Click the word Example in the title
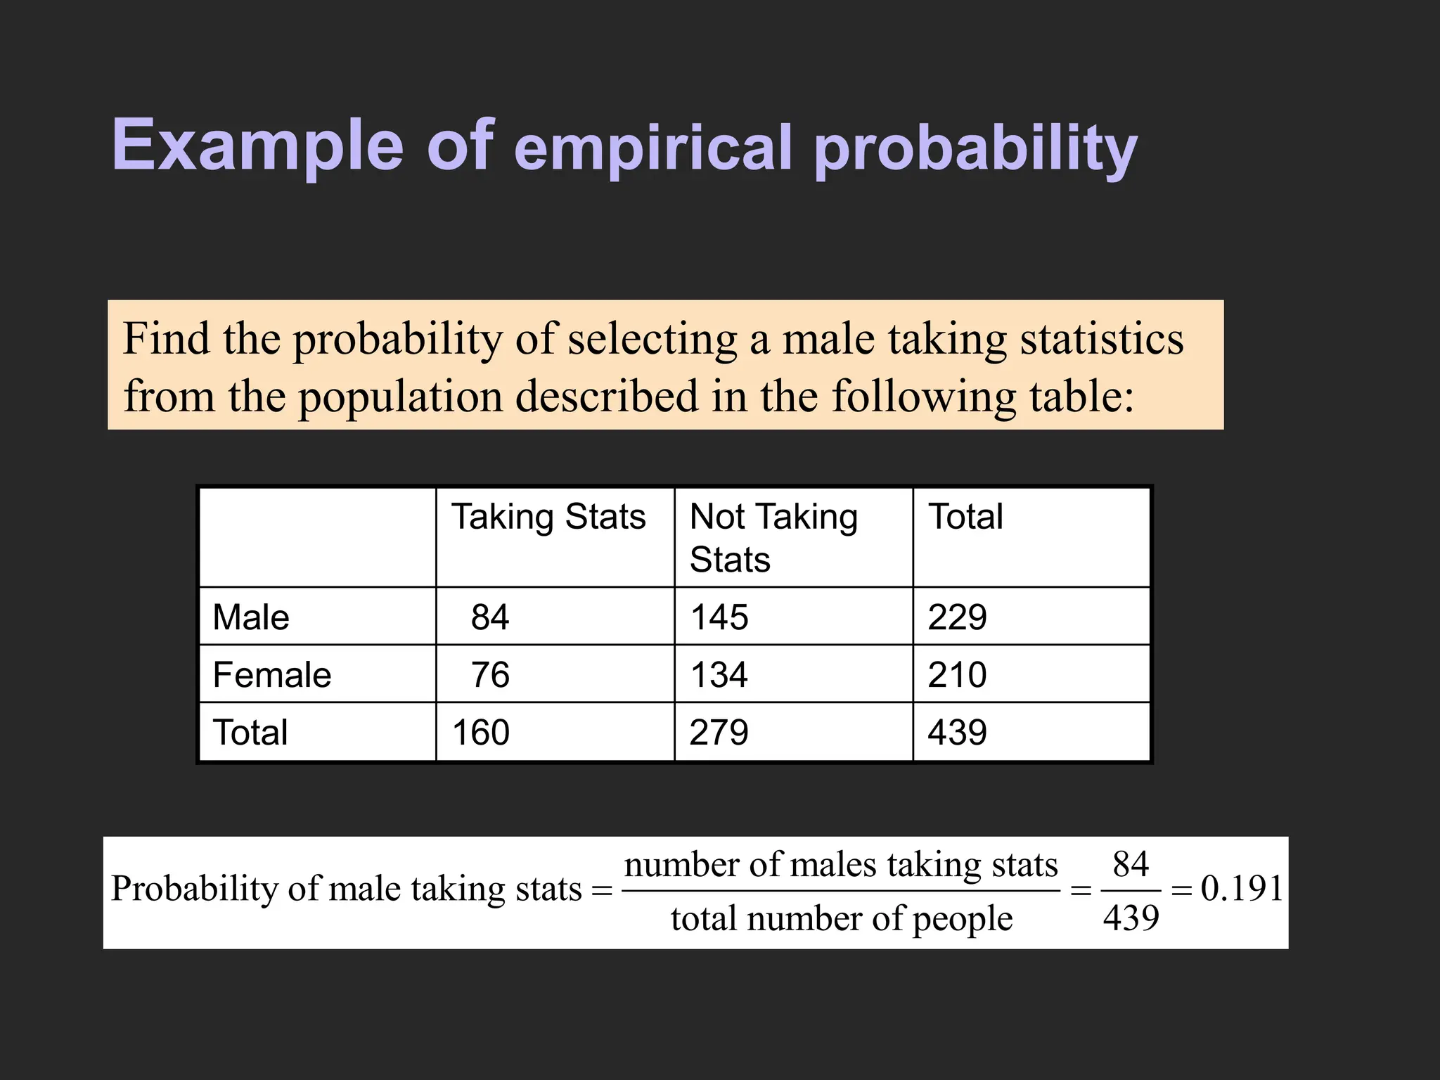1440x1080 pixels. tap(257, 146)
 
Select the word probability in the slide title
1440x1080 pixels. tap(975, 149)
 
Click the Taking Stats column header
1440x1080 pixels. tap(548, 517)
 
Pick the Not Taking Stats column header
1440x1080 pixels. tap(773, 538)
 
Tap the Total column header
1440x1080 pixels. tap(965, 517)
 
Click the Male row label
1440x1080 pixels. tap(251, 617)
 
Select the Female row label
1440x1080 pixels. tap(272, 675)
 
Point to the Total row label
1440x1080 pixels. tap(250, 733)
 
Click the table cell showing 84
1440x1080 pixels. tap(490, 617)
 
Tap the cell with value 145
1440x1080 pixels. tap(719, 617)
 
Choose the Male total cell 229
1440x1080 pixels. tap(957, 617)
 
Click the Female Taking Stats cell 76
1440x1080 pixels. tap(490, 675)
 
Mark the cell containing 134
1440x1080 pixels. tap(719, 675)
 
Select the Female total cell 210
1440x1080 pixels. tap(957, 675)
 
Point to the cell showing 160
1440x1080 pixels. tap(481, 733)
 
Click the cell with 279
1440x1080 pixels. tap(719, 733)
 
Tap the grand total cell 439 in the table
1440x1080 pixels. tap(957, 733)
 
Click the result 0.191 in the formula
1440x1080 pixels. tap(1242, 888)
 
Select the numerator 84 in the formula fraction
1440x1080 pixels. tap(1131, 864)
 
